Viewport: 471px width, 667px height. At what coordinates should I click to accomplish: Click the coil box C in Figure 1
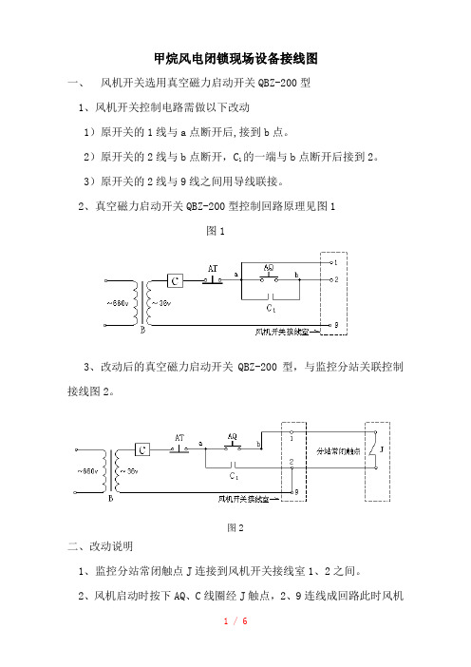[x=175, y=280]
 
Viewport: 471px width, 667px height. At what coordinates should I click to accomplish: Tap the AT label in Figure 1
[x=213, y=269]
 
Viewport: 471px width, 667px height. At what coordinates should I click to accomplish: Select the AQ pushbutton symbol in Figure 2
[x=233, y=448]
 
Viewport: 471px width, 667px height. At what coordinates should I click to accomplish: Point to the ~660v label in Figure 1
[x=118, y=303]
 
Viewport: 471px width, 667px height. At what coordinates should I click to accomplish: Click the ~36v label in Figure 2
[x=129, y=471]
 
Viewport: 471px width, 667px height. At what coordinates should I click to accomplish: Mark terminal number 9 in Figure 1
[x=336, y=325]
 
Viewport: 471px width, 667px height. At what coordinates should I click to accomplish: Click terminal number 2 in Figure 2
[x=292, y=462]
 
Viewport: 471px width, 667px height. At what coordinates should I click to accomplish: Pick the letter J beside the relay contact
[x=382, y=449]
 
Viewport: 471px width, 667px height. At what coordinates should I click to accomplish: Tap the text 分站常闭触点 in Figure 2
[x=338, y=451]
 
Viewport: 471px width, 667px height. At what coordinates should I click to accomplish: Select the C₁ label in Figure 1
[x=271, y=308]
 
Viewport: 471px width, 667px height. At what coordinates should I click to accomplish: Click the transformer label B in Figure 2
[x=111, y=498]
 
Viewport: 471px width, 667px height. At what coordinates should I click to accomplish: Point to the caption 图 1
[x=216, y=231]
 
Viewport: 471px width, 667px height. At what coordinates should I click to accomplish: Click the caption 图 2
[x=235, y=528]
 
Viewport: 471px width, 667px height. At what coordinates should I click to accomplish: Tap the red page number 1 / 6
[x=235, y=621]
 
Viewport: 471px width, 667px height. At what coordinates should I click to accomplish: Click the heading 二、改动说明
[x=100, y=546]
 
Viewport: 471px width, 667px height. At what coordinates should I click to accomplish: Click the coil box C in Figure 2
[x=142, y=449]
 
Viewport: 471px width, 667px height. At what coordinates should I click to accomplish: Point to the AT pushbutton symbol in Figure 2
[x=179, y=449]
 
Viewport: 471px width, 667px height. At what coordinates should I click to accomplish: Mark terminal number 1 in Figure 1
[x=336, y=263]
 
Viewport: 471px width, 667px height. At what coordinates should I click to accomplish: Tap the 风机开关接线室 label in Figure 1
[x=281, y=332]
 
